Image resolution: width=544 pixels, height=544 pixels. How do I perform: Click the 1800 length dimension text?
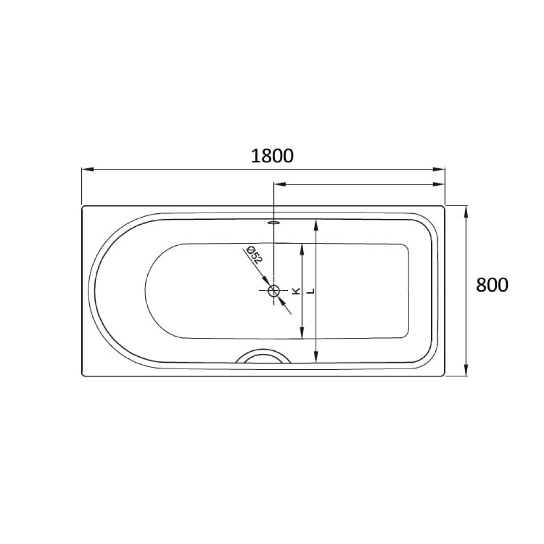tap(272, 156)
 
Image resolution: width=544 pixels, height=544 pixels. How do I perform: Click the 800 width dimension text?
tap(491, 285)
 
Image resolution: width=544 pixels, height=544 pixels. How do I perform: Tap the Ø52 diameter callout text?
tap(254, 255)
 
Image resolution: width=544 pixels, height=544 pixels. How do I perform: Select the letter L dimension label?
tap(310, 291)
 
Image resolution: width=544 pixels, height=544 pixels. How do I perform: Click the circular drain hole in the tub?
tap(274, 291)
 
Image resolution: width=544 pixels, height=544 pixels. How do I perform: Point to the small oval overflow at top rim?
tap(274, 221)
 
